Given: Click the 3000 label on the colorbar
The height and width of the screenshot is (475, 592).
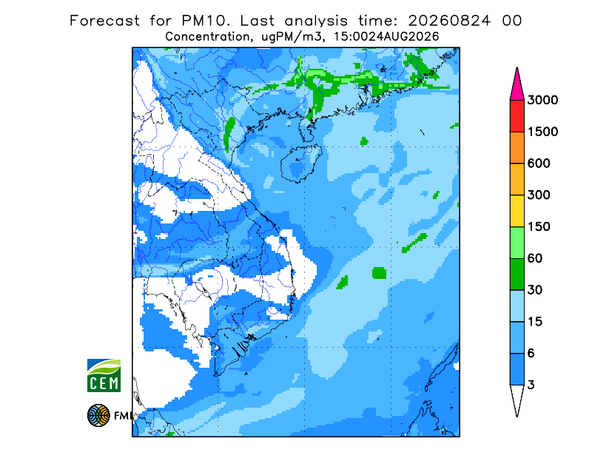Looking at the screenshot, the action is [x=542, y=100].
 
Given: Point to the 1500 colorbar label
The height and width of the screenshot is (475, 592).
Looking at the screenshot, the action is [x=542, y=132].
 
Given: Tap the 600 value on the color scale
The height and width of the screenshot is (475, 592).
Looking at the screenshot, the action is [x=539, y=164].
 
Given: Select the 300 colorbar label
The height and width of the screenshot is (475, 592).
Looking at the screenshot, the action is [x=539, y=195].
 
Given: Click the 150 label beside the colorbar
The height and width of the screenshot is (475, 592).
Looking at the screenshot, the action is [x=539, y=227].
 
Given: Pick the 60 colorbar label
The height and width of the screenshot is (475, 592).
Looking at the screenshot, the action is [x=535, y=259].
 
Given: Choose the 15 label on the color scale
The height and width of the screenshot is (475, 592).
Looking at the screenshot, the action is [x=535, y=322].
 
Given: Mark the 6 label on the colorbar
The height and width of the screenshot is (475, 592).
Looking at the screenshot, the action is [x=531, y=354].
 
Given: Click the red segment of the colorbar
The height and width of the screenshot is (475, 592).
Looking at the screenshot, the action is [x=517, y=116].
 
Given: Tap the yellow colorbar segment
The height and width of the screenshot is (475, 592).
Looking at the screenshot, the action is [x=517, y=211].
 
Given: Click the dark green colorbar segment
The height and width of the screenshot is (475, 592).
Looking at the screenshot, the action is [x=517, y=274].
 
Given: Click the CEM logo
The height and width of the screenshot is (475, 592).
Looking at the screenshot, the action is [x=104, y=375].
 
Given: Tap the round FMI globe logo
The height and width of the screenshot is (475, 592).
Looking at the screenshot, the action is [x=98, y=415].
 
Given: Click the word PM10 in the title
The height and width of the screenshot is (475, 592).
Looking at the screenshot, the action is [x=206, y=21].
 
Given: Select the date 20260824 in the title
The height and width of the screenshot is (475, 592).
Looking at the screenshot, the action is [x=449, y=21].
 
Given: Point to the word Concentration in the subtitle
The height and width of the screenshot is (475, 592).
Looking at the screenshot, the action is [x=207, y=37].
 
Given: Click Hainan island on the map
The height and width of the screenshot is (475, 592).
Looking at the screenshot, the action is [x=301, y=164].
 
